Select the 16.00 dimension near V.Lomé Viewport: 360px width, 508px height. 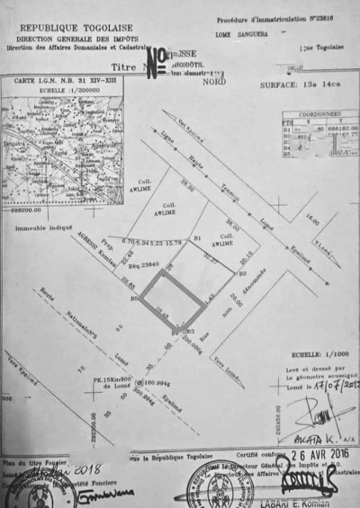click(x=312, y=221)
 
